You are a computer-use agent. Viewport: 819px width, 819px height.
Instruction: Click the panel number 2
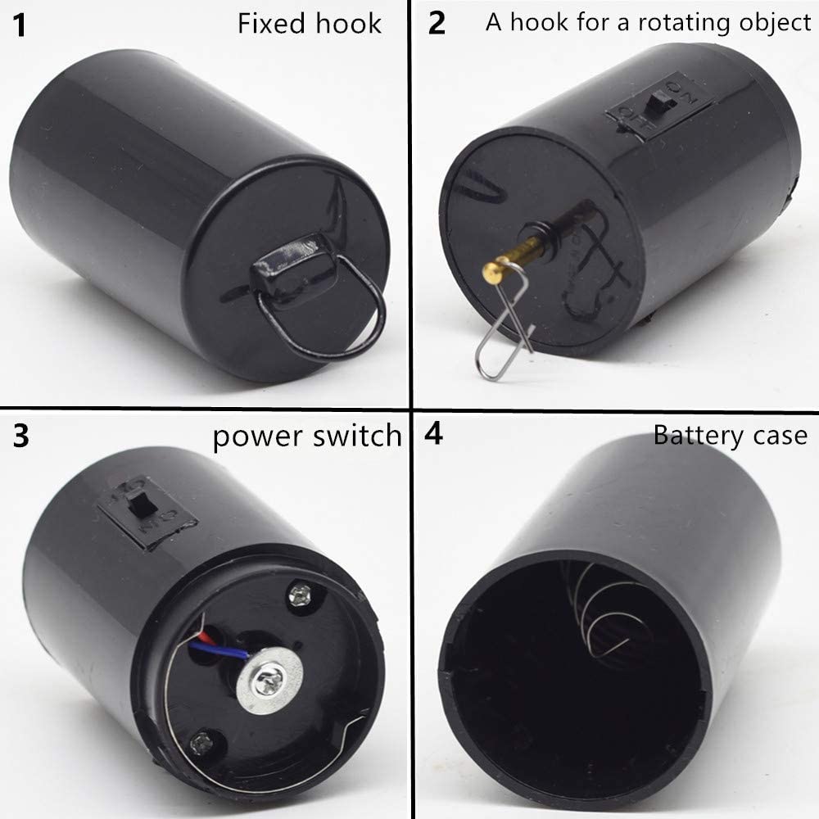tap(437, 24)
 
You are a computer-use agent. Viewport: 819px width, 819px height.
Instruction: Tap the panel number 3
tap(21, 436)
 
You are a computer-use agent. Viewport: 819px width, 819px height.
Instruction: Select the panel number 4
tap(434, 434)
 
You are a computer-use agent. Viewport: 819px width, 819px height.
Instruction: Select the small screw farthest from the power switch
tap(199, 744)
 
